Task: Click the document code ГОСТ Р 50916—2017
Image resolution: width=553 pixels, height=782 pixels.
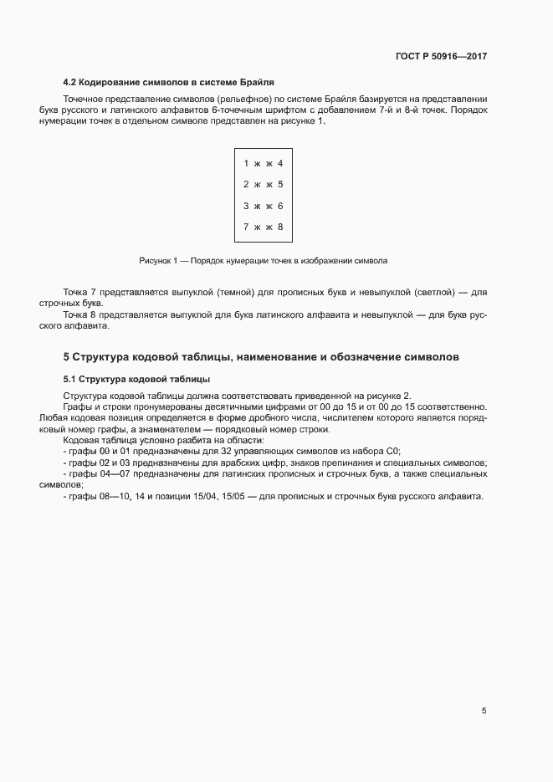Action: click(x=440, y=57)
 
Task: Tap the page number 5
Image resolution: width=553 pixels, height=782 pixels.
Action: click(x=484, y=711)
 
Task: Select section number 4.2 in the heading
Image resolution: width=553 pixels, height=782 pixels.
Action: click(x=71, y=82)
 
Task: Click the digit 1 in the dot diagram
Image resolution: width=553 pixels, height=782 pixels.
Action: click(x=246, y=163)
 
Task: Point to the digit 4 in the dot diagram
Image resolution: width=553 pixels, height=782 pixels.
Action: click(x=280, y=163)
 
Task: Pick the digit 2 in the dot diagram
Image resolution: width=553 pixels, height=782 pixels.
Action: click(x=246, y=184)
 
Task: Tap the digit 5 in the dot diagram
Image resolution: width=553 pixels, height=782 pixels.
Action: click(x=280, y=184)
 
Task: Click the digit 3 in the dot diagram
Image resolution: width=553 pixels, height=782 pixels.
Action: click(x=246, y=206)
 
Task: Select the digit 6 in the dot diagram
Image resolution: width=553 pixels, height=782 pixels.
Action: click(x=280, y=206)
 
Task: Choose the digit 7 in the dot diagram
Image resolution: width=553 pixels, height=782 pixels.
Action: click(x=246, y=227)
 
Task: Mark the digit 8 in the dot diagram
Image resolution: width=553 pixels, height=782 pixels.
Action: click(x=280, y=227)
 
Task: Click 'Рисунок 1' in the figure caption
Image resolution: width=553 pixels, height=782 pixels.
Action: click(x=159, y=261)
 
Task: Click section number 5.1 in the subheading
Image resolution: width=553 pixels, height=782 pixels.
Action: click(x=70, y=380)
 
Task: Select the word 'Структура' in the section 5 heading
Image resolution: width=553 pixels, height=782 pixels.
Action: click(x=100, y=357)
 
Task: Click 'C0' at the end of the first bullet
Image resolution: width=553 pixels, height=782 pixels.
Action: click(x=394, y=451)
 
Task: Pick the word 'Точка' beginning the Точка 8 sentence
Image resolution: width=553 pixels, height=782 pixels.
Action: click(x=76, y=314)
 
